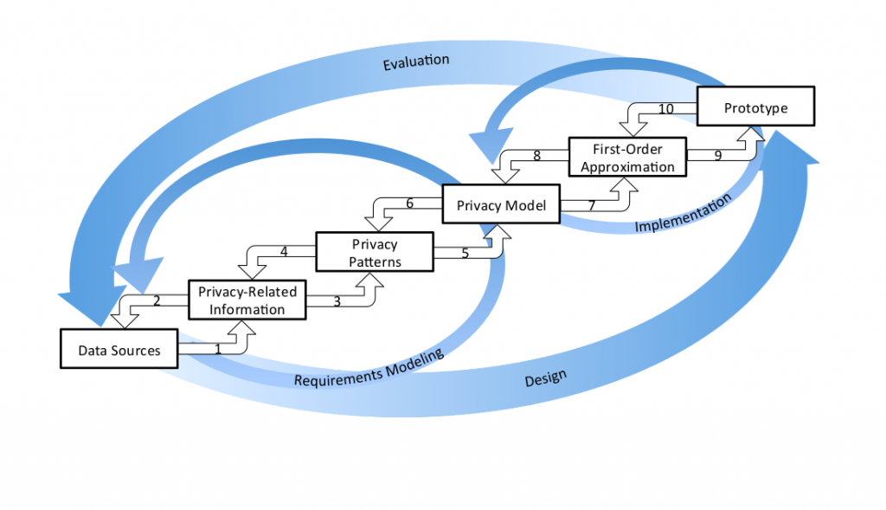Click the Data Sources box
119,350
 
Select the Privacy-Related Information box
247,300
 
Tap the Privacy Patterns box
374,252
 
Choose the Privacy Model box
501,205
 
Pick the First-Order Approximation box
627,157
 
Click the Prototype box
756,107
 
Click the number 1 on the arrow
218,350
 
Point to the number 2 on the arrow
157,301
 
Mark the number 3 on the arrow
337,301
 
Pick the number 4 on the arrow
283,253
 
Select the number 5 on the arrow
465,254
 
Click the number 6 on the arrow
410,204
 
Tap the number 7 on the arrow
591,205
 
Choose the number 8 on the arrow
536,157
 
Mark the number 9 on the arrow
718,157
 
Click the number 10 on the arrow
666,109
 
